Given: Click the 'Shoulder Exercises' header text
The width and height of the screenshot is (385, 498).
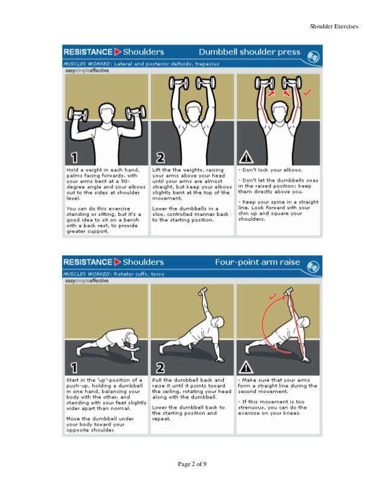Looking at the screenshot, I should click(334, 27).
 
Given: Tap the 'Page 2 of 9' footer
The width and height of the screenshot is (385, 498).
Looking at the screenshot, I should click(192, 464).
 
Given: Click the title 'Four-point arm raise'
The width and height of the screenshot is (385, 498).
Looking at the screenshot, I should click(257, 262).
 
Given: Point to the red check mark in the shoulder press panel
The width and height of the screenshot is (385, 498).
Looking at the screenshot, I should click(307, 93).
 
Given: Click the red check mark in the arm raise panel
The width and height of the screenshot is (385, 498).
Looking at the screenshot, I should click(273, 296).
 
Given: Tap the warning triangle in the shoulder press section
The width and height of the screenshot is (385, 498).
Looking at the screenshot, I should click(246, 158).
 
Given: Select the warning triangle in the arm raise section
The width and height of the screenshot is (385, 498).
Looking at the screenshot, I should click(246, 367).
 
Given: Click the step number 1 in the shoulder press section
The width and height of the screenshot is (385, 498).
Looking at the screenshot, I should click(74, 158).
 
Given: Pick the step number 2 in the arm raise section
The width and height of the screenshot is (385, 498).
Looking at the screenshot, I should click(160, 367).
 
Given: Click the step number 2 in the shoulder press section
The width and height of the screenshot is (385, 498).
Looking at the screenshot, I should click(160, 158).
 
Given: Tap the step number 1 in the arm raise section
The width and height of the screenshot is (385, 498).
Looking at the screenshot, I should click(74, 367).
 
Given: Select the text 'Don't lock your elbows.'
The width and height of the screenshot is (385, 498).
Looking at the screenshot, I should click(271, 171).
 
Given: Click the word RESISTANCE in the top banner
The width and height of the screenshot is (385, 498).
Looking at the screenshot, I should click(88, 52).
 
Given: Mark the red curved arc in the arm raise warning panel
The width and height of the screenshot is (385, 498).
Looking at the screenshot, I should click(264, 326).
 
